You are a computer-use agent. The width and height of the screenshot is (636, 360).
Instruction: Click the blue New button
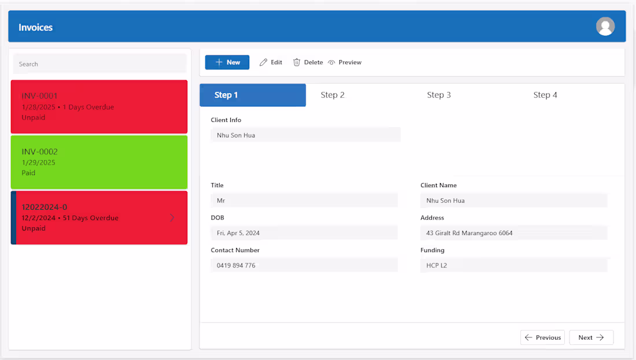coord(227,62)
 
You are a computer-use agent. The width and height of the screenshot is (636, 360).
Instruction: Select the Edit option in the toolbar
coord(271,62)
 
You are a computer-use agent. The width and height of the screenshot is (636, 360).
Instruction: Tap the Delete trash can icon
coord(297,62)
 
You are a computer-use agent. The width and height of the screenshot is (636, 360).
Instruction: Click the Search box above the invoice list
coord(99,64)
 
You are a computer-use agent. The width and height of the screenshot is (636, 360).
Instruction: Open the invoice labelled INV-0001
coord(40,96)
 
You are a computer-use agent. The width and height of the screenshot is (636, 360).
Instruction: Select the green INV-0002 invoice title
coord(40,151)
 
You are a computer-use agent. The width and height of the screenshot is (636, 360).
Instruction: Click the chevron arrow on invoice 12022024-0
coord(172,218)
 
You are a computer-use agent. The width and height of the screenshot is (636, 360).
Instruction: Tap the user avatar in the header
coord(605,27)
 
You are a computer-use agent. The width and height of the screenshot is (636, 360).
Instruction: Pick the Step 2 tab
coord(332,95)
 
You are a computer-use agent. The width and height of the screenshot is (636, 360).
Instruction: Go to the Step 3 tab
coord(439,95)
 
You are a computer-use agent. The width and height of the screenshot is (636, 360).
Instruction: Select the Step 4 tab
coord(545,95)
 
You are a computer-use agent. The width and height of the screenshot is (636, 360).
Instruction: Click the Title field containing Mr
coord(304,201)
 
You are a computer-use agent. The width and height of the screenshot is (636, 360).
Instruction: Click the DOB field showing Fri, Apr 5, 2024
coord(304,233)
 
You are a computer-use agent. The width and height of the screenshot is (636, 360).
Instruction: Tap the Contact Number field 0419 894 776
coord(304,265)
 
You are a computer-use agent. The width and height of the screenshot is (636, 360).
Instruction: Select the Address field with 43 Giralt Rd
coord(513,233)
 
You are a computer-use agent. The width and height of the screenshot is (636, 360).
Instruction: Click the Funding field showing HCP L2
coord(513,265)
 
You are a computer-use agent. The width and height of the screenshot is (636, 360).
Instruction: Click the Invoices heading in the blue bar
coord(36,27)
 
